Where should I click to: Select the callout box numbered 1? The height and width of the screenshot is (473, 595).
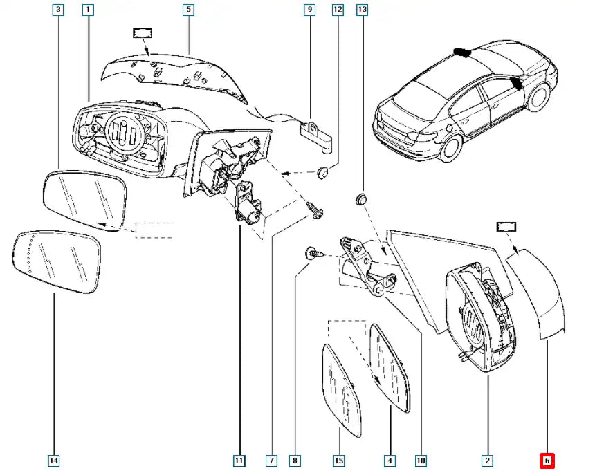pos(87,10)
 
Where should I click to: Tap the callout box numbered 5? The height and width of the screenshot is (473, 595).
pos(188,10)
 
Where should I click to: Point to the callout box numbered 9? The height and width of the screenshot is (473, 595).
pos(309,10)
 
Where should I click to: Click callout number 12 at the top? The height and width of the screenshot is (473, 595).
pos(338,10)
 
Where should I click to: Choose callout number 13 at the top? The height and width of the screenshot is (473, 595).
pos(363,10)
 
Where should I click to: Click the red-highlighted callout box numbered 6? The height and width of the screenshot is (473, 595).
pos(547,460)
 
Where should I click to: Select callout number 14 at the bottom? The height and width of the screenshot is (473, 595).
pos(54,460)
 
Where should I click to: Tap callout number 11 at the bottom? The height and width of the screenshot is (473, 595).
pos(239,460)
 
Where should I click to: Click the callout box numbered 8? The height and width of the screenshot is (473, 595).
pos(296,460)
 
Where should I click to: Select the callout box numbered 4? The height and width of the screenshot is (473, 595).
pos(390,460)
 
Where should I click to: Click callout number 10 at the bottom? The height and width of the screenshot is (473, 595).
pos(420,460)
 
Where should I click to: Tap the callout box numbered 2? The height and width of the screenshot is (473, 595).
pos(487,460)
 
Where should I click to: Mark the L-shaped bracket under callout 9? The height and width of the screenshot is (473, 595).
pos(317,134)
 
